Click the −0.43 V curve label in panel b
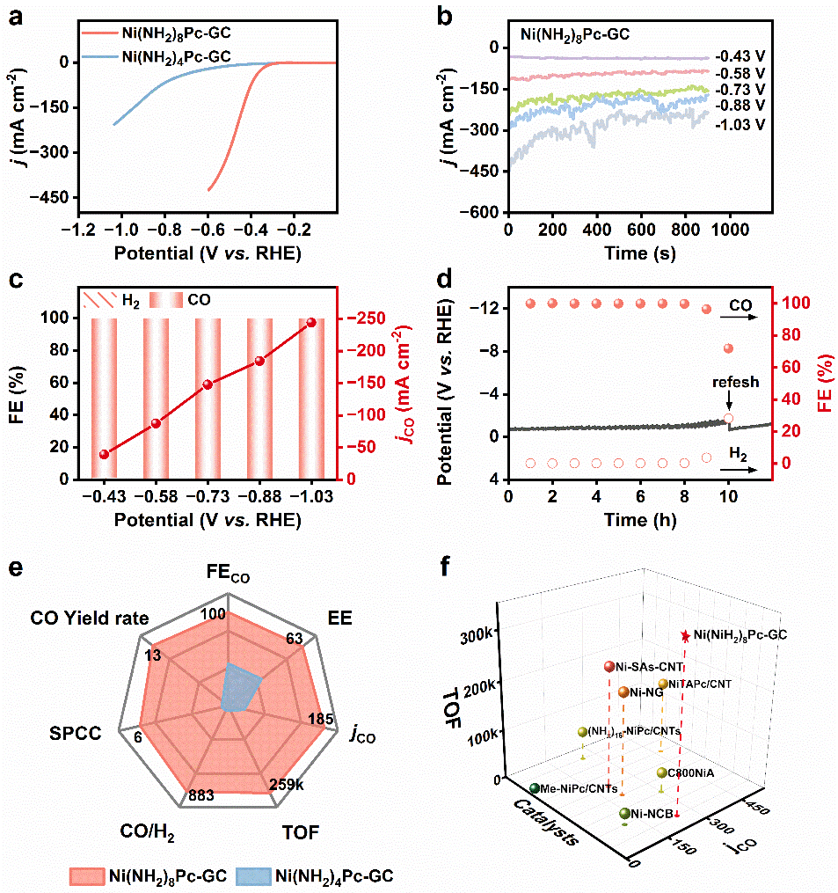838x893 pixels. coord(740,55)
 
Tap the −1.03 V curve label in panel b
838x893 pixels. coord(740,124)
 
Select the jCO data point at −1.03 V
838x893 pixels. coord(310,323)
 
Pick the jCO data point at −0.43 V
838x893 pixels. coord(105,454)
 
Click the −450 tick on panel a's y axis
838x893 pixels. coord(52,200)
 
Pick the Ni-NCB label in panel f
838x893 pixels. coord(652,815)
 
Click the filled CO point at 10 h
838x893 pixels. coord(728,349)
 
